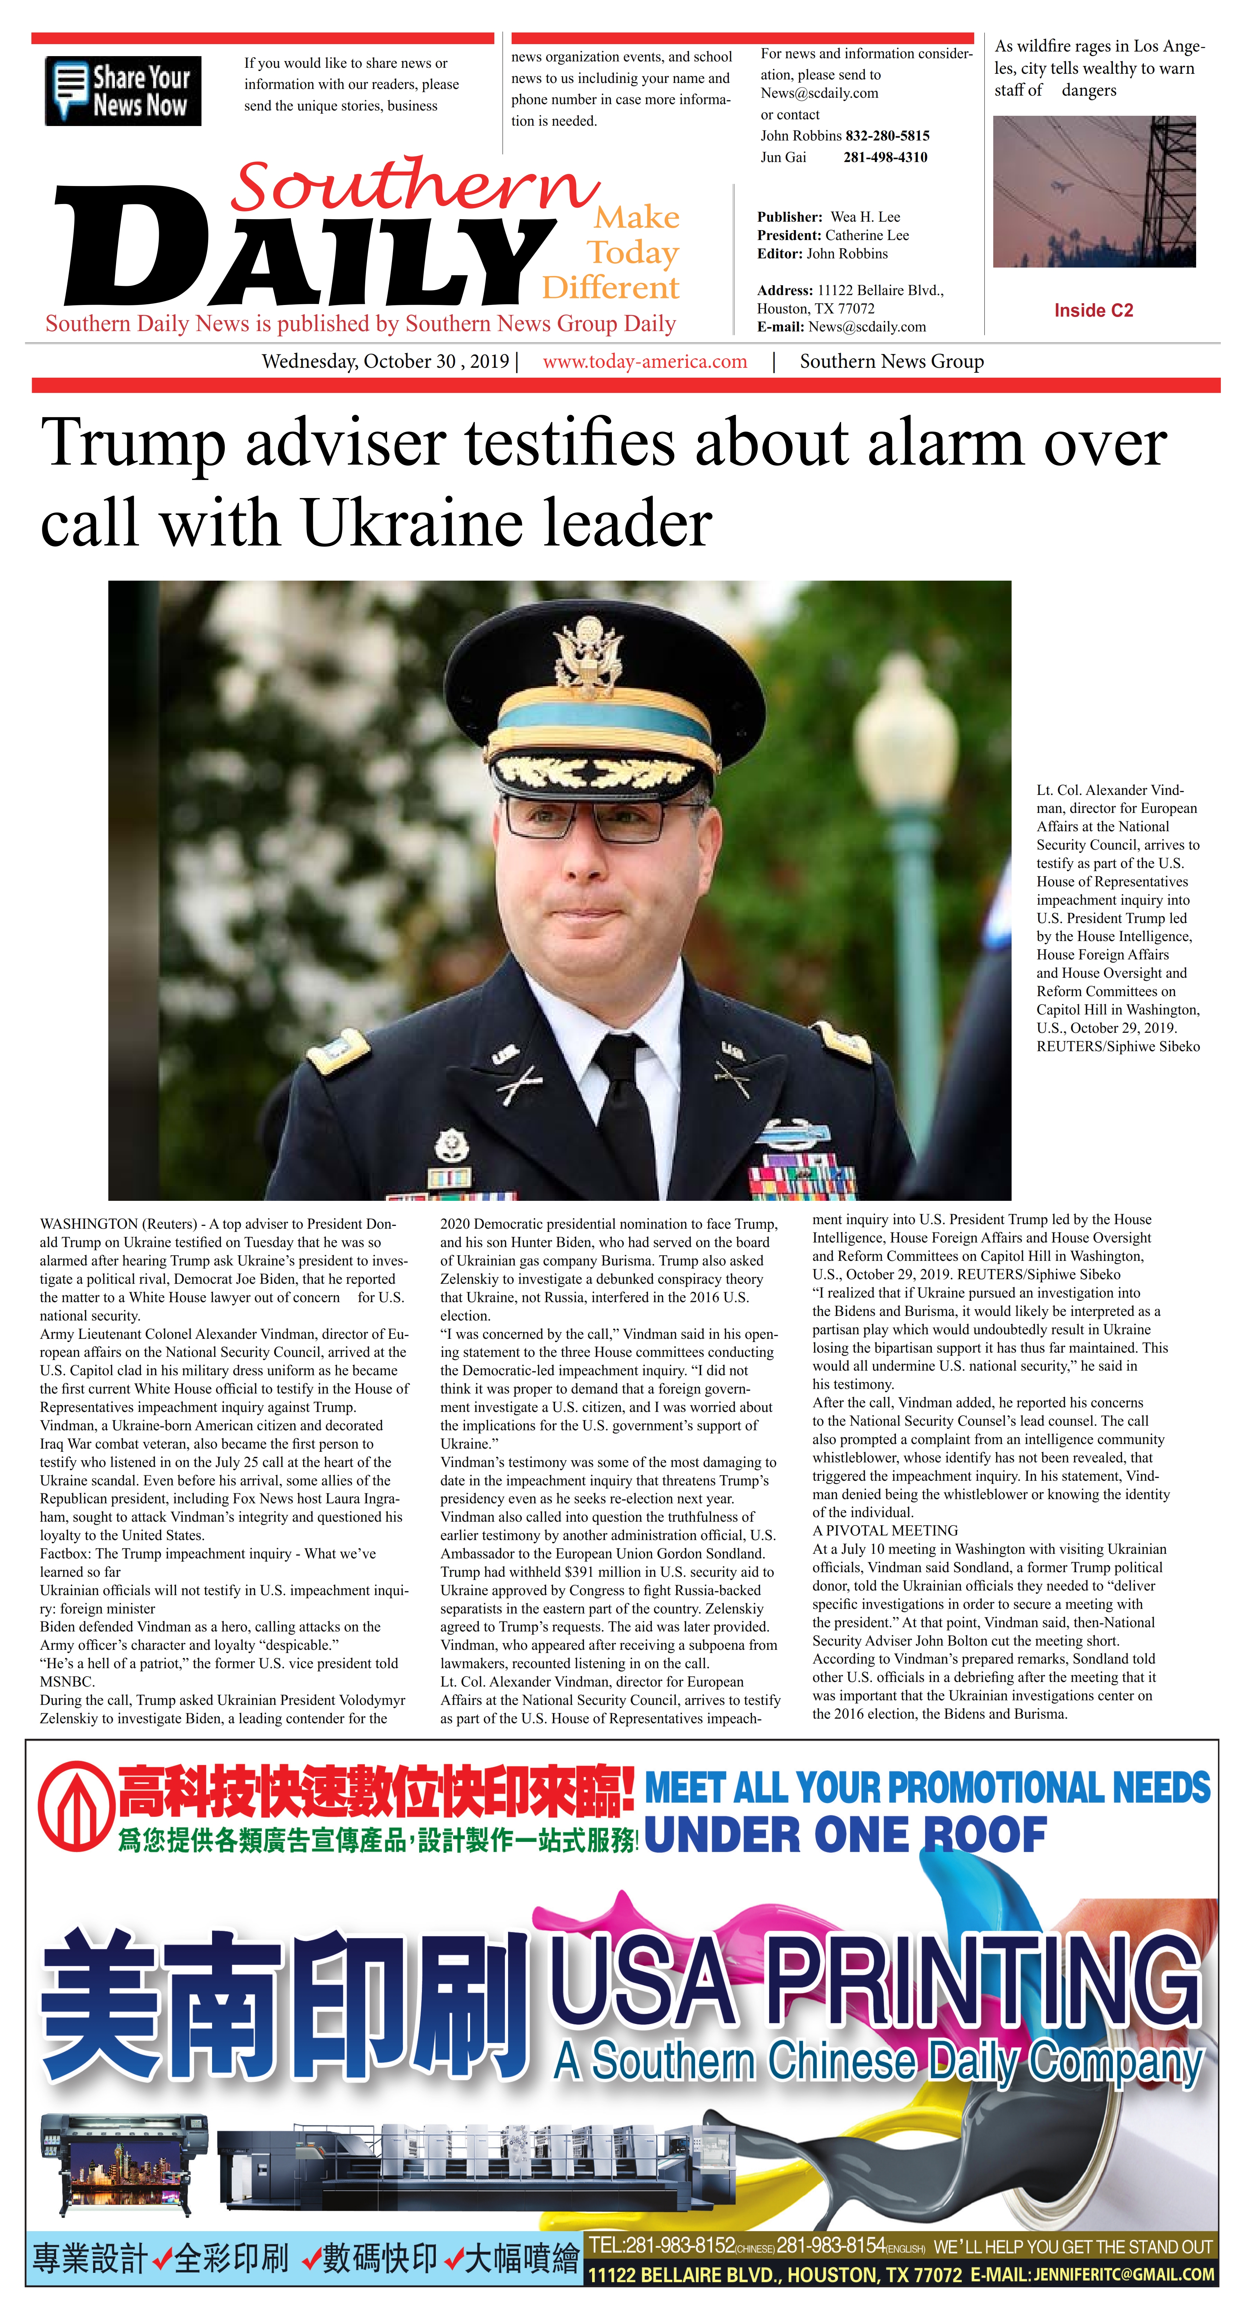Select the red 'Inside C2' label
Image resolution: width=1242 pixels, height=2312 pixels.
(x=1093, y=311)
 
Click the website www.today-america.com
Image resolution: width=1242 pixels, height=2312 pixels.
(x=644, y=362)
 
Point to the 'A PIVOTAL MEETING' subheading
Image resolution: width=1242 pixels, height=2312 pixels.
(x=885, y=1530)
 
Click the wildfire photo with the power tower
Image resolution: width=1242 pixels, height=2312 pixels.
(x=1094, y=191)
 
